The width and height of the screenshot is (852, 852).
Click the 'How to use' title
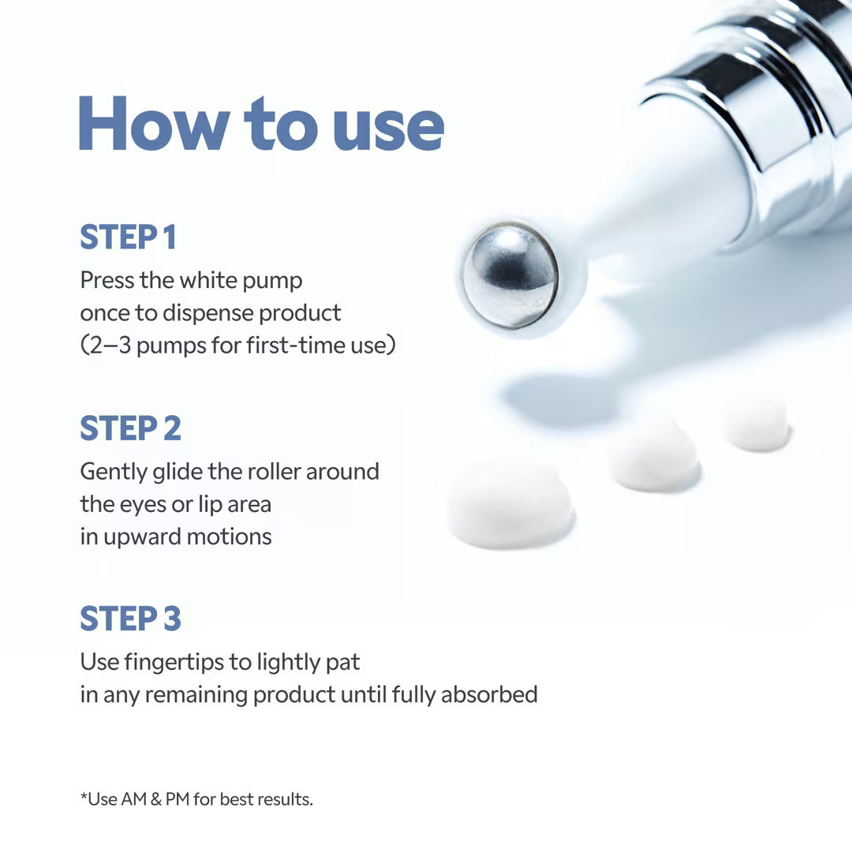click(x=260, y=125)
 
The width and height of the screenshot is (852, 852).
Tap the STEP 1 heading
click(x=128, y=237)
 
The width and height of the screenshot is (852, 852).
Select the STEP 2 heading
click(x=130, y=428)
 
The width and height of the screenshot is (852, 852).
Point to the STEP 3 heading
click(x=130, y=619)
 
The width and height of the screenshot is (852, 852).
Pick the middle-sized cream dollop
click(x=654, y=456)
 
